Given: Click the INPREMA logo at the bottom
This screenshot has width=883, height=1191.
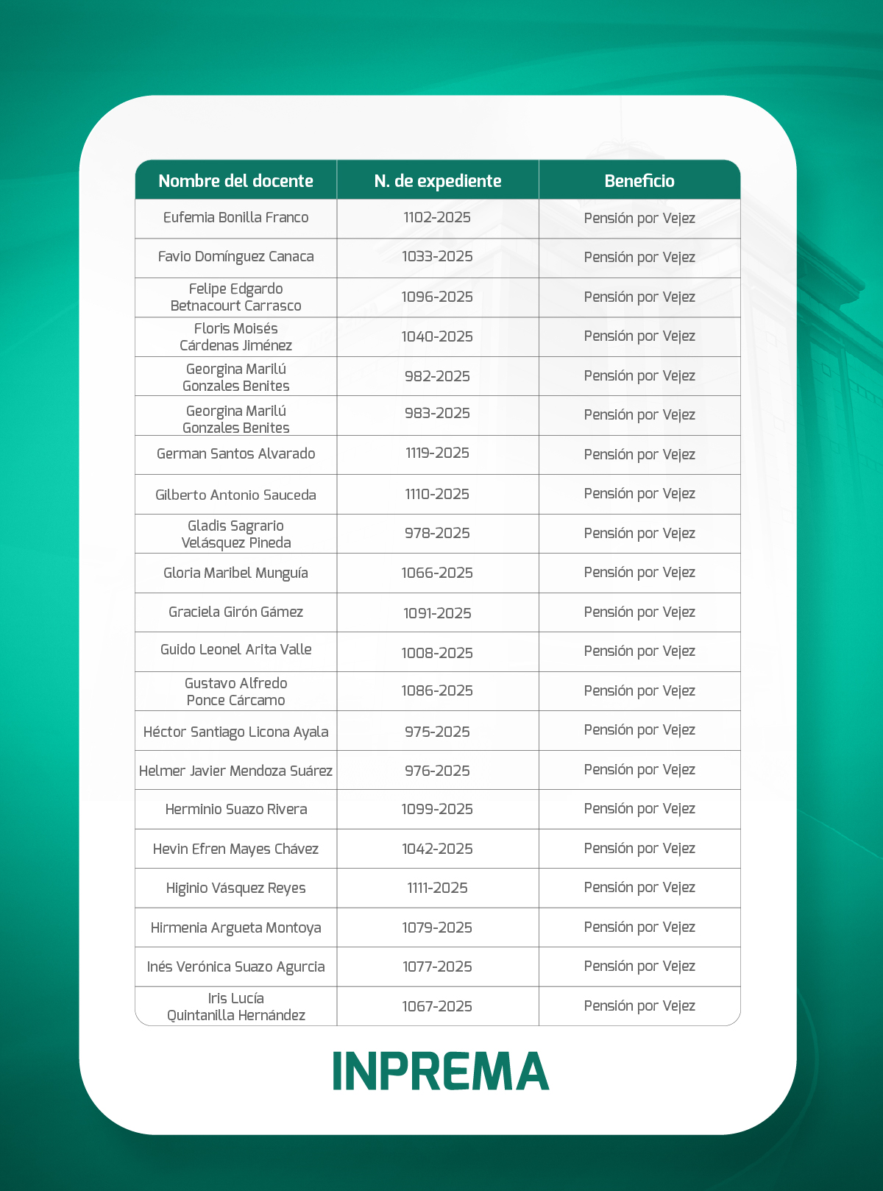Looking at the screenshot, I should click(x=441, y=1070).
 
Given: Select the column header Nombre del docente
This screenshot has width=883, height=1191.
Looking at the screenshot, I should click(x=235, y=181).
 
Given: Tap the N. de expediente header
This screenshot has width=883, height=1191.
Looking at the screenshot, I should click(x=438, y=181).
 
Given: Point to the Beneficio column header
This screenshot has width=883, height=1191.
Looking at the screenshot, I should click(x=639, y=181).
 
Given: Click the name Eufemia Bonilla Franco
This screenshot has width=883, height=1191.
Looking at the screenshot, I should click(x=235, y=218).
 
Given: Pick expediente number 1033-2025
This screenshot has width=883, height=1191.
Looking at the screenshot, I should click(x=437, y=257).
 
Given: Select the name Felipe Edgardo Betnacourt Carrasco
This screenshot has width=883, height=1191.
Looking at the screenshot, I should click(x=235, y=297).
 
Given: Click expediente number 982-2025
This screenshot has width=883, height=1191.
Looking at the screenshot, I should click(x=437, y=377).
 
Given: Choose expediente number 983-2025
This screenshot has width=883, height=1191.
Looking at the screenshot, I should click(x=437, y=414).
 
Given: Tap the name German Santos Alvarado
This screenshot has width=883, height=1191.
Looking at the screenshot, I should click(x=235, y=454).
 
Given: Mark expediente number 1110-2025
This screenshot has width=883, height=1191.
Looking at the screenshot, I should click(x=437, y=495).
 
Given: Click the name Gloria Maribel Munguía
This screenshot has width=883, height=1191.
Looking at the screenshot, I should click(x=235, y=573).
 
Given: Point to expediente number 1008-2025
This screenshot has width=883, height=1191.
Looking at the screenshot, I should click(x=437, y=653).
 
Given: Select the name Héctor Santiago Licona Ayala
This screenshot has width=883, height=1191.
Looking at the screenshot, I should click(x=235, y=732).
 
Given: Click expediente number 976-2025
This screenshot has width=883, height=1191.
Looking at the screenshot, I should click(x=437, y=771).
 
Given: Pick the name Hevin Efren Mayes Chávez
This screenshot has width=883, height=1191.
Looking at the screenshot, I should click(x=235, y=849).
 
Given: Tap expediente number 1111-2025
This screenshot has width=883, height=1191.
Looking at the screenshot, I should click(x=437, y=888).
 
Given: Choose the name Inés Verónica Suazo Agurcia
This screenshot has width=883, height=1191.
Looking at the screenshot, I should click(x=235, y=967).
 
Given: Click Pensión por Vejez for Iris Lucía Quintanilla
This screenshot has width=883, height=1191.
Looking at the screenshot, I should click(x=639, y=1006).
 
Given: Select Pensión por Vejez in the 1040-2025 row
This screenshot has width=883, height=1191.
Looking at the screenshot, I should click(x=639, y=336).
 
